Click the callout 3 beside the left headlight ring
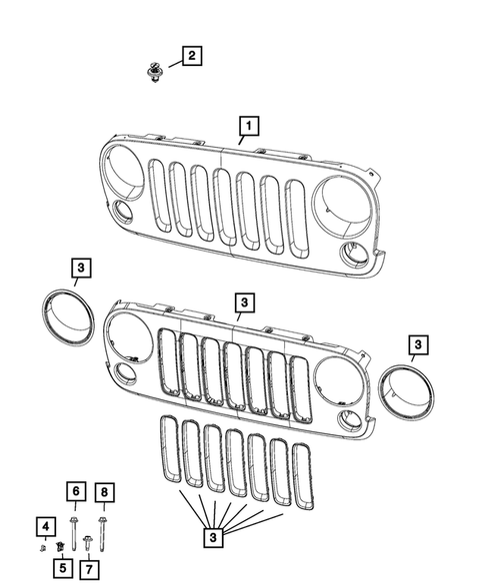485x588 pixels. pyautogui.click(x=81, y=267)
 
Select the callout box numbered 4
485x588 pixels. pyautogui.click(x=45, y=525)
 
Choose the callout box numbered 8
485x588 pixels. pyautogui.click(x=104, y=491)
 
